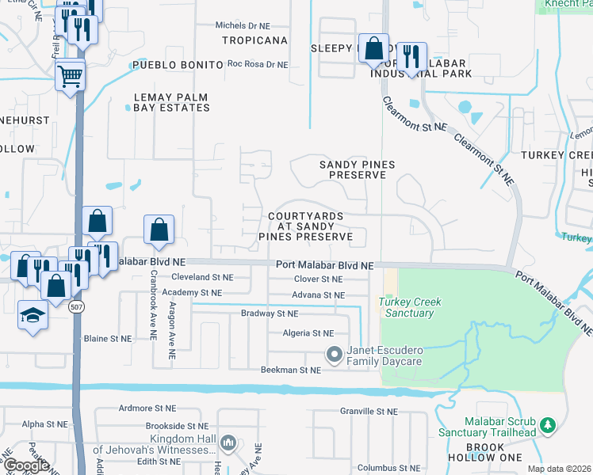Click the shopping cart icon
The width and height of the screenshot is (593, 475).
click(71, 76)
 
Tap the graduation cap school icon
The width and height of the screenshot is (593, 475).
click(34, 315)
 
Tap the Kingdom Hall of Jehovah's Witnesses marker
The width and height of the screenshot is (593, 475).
click(228, 442)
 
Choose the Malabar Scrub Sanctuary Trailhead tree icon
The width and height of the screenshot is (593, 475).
click(546, 427)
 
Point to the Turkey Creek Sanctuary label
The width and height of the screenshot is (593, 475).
click(410, 307)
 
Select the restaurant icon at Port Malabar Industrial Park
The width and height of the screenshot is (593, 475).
click(411, 56)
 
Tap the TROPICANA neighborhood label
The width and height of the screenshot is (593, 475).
click(254, 40)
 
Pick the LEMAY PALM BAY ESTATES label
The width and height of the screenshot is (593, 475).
click(170, 102)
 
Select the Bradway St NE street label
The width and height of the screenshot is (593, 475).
click(269, 313)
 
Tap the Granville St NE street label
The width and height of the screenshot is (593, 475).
click(369, 412)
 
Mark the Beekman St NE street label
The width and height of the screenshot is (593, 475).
click(290, 370)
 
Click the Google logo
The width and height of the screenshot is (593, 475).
click(26, 465)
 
